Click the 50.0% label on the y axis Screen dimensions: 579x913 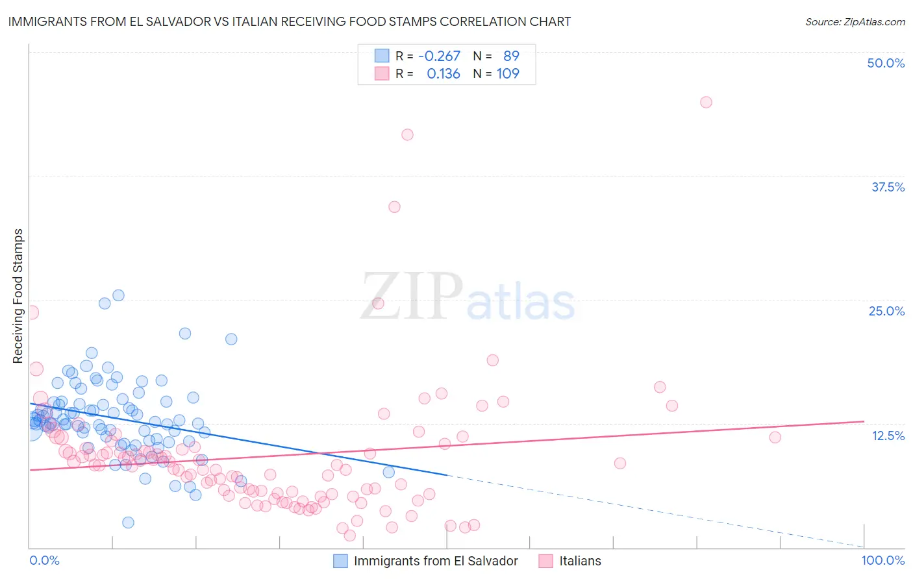pyautogui.click(x=886, y=63)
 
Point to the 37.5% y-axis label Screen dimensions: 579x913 pyautogui.click(x=888, y=187)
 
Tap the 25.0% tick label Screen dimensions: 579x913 pyautogui.click(x=886, y=311)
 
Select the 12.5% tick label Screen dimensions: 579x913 pyautogui.click(x=888, y=436)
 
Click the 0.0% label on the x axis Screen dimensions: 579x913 pyautogui.click(x=44, y=560)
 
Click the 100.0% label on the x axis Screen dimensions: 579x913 pyautogui.click(x=882, y=560)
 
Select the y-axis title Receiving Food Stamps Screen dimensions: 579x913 pyautogui.click(x=18, y=296)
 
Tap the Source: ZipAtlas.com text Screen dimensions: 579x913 pyautogui.click(x=855, y=21)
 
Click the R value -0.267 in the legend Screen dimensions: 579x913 pyautogui.click(x=439, y=56)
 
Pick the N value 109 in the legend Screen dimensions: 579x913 pyautogui.click(x=508, y=74)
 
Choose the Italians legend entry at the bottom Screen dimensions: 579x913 pyautogui.click(x=580, y=561)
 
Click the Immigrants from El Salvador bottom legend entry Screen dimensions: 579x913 pyautogui.click(x=436, y=561)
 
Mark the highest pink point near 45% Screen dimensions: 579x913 pyautogui.click(x=706, y=102)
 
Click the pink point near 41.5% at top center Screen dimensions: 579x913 pyautogui.click(x=407, y=134)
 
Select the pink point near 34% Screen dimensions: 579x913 pyautogui.click(x=394, y=207)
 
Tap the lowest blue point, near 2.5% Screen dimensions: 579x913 pyautogui.click(x=128, y=523)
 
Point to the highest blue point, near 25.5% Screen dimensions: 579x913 pyautogui.click(x=118, y=295)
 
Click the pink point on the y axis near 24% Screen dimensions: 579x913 pyautogui.click(x=31, y=312)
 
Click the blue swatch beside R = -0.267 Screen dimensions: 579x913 pyautogui.click(x=381, y=56)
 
